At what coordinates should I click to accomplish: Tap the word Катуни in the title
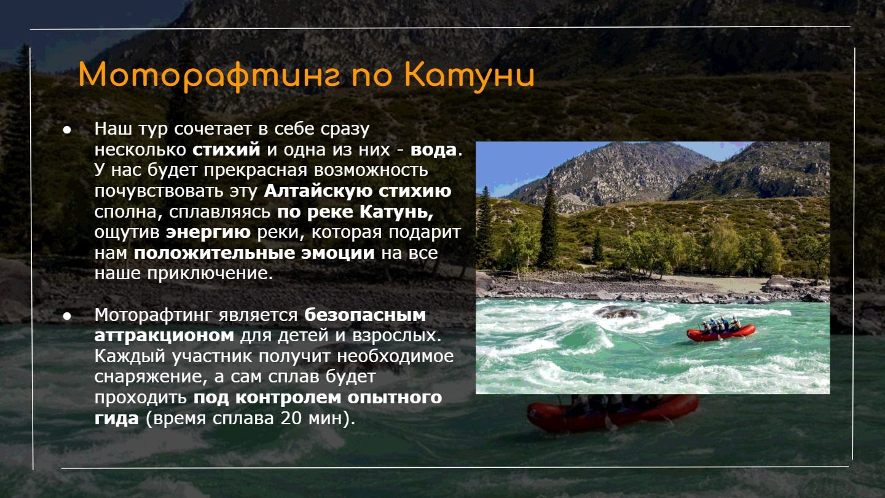click(x=470, y=76)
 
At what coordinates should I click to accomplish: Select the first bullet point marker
click(x=67, y=130)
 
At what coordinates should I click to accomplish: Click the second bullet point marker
click(x=67, y=316)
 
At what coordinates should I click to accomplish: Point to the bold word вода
click(x=433, y=150)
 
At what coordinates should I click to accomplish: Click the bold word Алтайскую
click(x=318, y=191)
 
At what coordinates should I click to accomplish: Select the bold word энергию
click(x=208, y=232)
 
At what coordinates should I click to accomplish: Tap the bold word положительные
click(x=214, y=253)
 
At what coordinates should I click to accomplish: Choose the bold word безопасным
click(x=365, y=315)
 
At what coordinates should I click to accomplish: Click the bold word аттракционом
click(x=164, y=336)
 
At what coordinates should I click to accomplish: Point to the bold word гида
click(x=117, y=419)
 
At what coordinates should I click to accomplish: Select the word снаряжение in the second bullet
click(x=149, y=377)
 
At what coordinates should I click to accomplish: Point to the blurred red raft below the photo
click(x=613, y=413)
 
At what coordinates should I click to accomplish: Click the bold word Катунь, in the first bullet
click(x=396, y=212)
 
